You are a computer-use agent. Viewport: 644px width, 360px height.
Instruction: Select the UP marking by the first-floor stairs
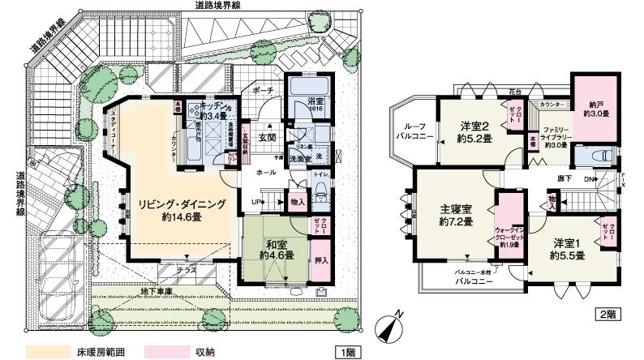click(258, 199)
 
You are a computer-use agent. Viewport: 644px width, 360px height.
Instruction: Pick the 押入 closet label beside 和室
click(320, 259)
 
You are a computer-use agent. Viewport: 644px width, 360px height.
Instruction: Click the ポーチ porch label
click(261, 90)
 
